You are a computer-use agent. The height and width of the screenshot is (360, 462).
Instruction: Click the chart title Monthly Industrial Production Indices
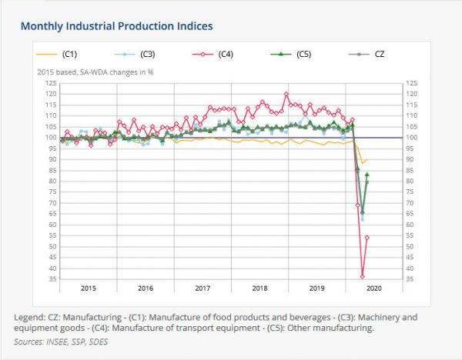(116, 25)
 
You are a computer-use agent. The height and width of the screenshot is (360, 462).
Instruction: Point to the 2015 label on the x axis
(89, 288)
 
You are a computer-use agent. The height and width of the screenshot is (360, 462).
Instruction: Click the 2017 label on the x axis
(203, 288)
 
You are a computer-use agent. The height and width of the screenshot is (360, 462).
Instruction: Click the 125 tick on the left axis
(49, 83)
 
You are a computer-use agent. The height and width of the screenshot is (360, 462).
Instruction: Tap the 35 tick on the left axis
(52, 279)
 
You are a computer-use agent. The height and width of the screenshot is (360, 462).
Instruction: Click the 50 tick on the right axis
(412, 247)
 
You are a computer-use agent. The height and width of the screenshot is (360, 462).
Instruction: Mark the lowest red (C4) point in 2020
(362, 277)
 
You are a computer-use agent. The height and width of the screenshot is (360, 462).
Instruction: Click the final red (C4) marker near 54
(367, 238)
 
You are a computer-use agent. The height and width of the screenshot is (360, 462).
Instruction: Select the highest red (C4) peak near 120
(286, 95)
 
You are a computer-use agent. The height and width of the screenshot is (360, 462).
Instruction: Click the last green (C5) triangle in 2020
(367, 175)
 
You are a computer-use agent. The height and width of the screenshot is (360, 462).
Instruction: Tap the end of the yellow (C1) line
(367, 159)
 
